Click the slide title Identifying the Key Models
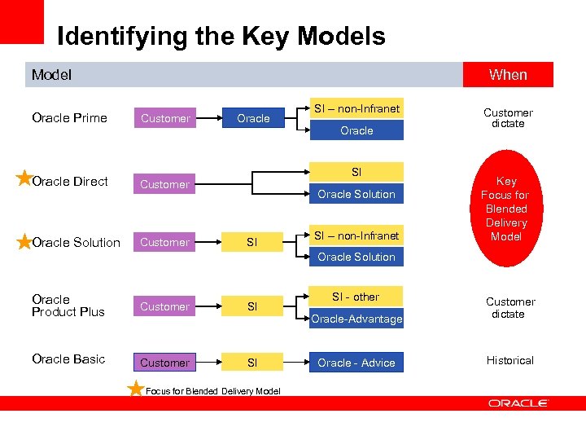click(x=221, y=37)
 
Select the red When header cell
click(x=508, y=75)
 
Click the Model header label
click(x=51, y=75)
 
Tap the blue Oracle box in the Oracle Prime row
click(x=253, y=118)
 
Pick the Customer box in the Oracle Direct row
click(x=164, y=184)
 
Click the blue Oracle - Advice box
click(x=356, y=363)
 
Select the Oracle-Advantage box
click(x=356, y=319)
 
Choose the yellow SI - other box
click(x=356, y=297)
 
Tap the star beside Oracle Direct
click(x=24, y=178)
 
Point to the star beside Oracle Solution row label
click(x=24, y=241)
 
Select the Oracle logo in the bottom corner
click(x=518, y=403)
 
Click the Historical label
click(x=509, y=360)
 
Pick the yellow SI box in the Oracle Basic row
click(x=252, y=363)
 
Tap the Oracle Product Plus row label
click(x=68, y=306)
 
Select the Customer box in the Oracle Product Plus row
click(x=164, y=306)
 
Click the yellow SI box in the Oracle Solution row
click(x=252, y=242)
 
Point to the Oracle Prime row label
click(x=69, y=118)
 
